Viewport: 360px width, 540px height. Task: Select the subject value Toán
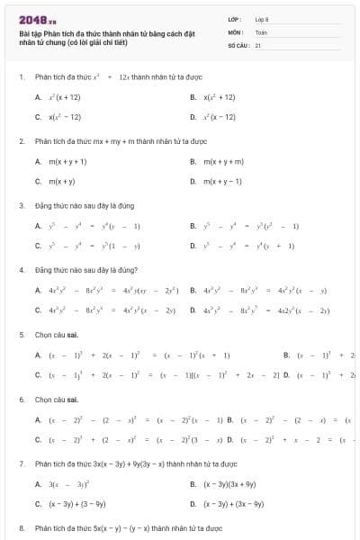click(x=261, y=31)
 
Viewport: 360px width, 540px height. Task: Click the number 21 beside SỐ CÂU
click(x=258, y=43)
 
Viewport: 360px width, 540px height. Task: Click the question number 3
click(x=22, y=205)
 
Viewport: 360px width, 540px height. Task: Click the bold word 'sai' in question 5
click(x=61, y=334)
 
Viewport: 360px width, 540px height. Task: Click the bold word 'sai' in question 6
click(x=61, y=398)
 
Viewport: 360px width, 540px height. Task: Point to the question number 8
click(x=22, y=527)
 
